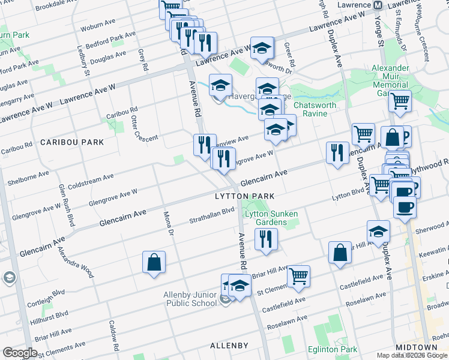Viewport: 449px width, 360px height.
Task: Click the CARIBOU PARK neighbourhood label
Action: [72, 142]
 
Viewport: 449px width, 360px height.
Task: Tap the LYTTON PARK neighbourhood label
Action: [244, 196]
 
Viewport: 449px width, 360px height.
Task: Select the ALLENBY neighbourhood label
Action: [229, 346]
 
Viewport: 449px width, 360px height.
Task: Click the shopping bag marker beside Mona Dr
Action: [154, 262]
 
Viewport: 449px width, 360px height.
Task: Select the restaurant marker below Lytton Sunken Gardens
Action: [265, 238]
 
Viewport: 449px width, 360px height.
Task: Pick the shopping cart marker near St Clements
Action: [298, 276]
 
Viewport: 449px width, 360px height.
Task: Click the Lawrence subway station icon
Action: [378, 5]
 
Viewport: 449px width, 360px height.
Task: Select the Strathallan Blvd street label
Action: [212, 214]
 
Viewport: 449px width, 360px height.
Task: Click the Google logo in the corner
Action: [20, 353]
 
